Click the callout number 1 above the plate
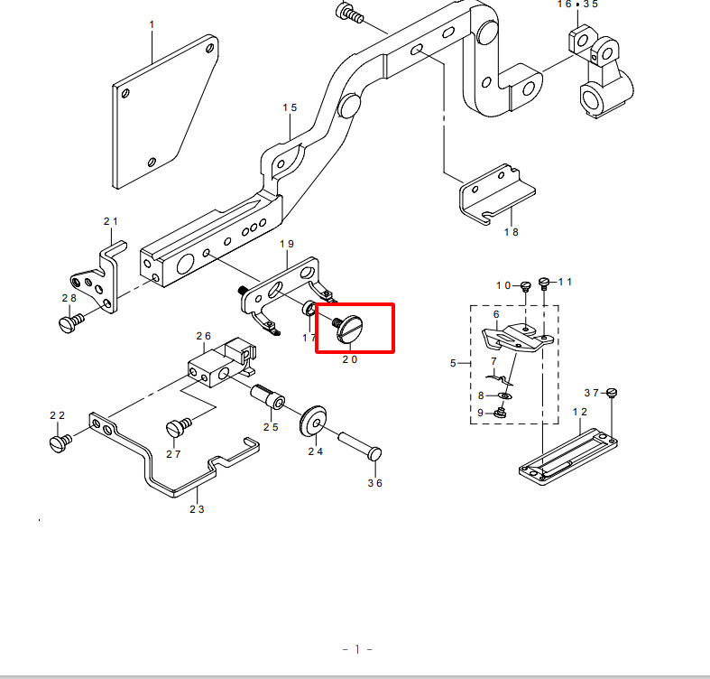tap(152, 24)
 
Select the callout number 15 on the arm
tap(290, 107)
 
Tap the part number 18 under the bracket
tap(512, 232)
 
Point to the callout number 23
tap(197, 509)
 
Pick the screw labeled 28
tap(71, 323)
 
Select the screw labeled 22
tap(60, 442)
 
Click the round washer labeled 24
tap(313, 422)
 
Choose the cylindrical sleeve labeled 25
tap(268, 396)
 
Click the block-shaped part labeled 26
tap(222, 362)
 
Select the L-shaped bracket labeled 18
tap(497, 194)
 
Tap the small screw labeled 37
tap(612, 392)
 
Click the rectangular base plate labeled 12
tap(567, 458)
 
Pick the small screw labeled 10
tap(525, 286)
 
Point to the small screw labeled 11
tap(544, 283)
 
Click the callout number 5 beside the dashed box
tap(453, 363)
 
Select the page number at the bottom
tap(357, 649)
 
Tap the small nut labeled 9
tap(501, 413)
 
